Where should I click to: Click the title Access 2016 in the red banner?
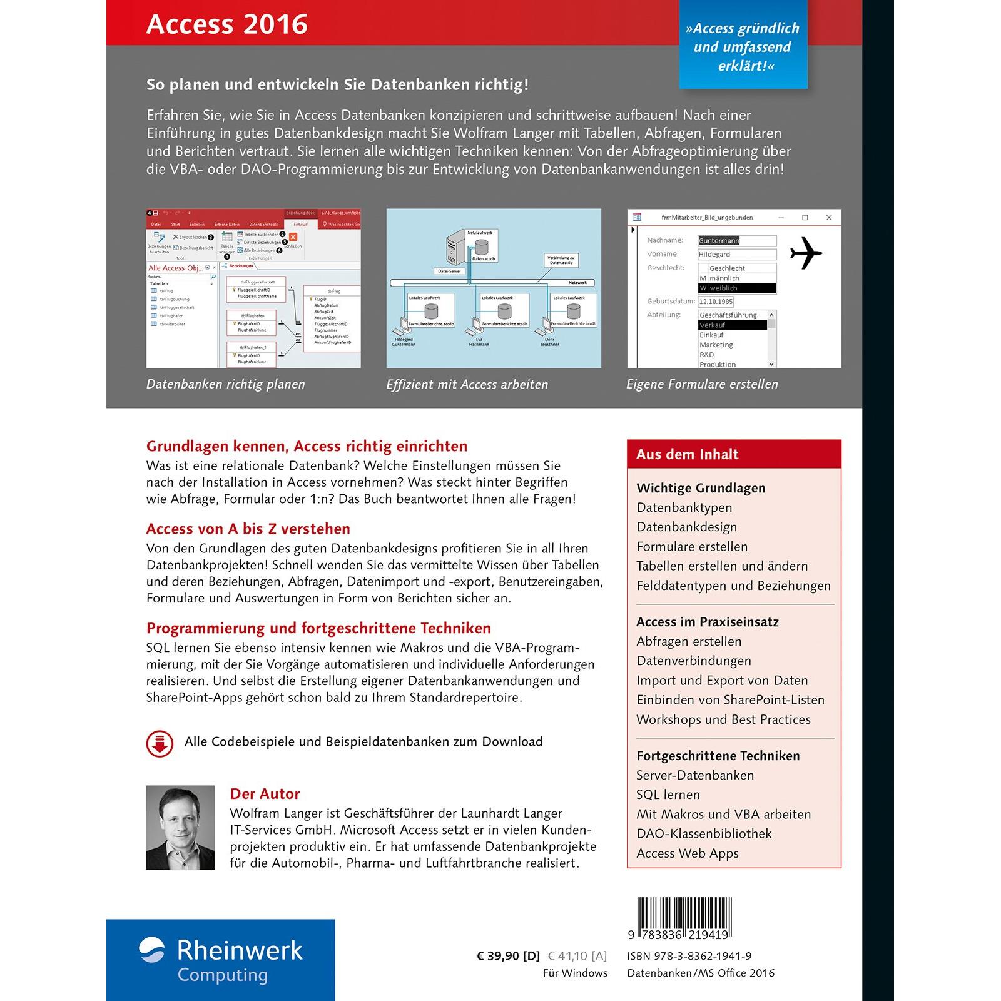click(x=226, y=24)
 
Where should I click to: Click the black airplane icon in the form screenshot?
click(x=806, y=253)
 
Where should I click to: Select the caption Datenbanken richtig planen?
click(x=225, y=384)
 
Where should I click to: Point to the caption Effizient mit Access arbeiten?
click(x=467, y=384)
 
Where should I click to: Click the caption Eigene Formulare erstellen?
click(x=702, y=384)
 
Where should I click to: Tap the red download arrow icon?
click(x=160, y=743)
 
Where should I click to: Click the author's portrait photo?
click(x=180, y=827)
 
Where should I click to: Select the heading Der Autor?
click(x=265, y=794)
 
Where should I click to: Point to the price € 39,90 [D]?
click(x=507, y=956)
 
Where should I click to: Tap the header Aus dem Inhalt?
click(x=687, y=454)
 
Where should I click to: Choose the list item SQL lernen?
click(x=668, y=795)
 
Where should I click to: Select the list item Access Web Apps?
click(x=687, y=853)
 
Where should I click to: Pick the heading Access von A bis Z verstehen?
click(x=248, y=529)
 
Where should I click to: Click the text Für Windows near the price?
click(x=575, y=973)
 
